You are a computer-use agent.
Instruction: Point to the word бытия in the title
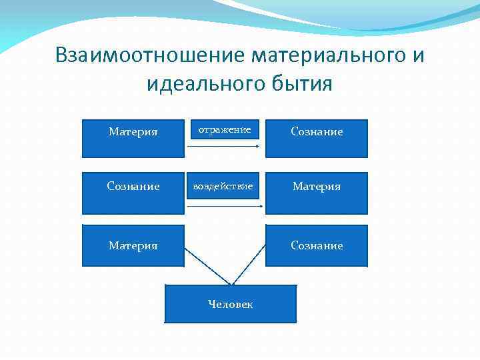click(x=301, y=85)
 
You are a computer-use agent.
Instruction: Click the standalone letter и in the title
click(x=418, y=55)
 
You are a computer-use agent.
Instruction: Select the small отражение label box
click(x=225, y=129)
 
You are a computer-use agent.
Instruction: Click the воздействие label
click(x=223, y=187)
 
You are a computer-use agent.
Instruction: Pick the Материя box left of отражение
click(x=133, y=138)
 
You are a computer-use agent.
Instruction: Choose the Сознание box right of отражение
click(x=316, y=138)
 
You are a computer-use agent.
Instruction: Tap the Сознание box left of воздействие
click(x=133, y=193)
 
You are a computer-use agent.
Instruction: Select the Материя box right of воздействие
click(x=316, y=193)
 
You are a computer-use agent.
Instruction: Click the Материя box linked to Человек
click(x=133, y=245)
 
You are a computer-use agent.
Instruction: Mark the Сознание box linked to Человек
click(x=316, y=245)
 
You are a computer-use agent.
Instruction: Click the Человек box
click(x=230, y=304)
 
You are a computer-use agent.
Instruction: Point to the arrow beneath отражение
click(x=223, y=145)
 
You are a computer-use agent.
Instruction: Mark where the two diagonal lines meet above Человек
click(x=230, y=284)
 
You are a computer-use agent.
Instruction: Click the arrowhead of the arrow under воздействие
click(x=261, y=206)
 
